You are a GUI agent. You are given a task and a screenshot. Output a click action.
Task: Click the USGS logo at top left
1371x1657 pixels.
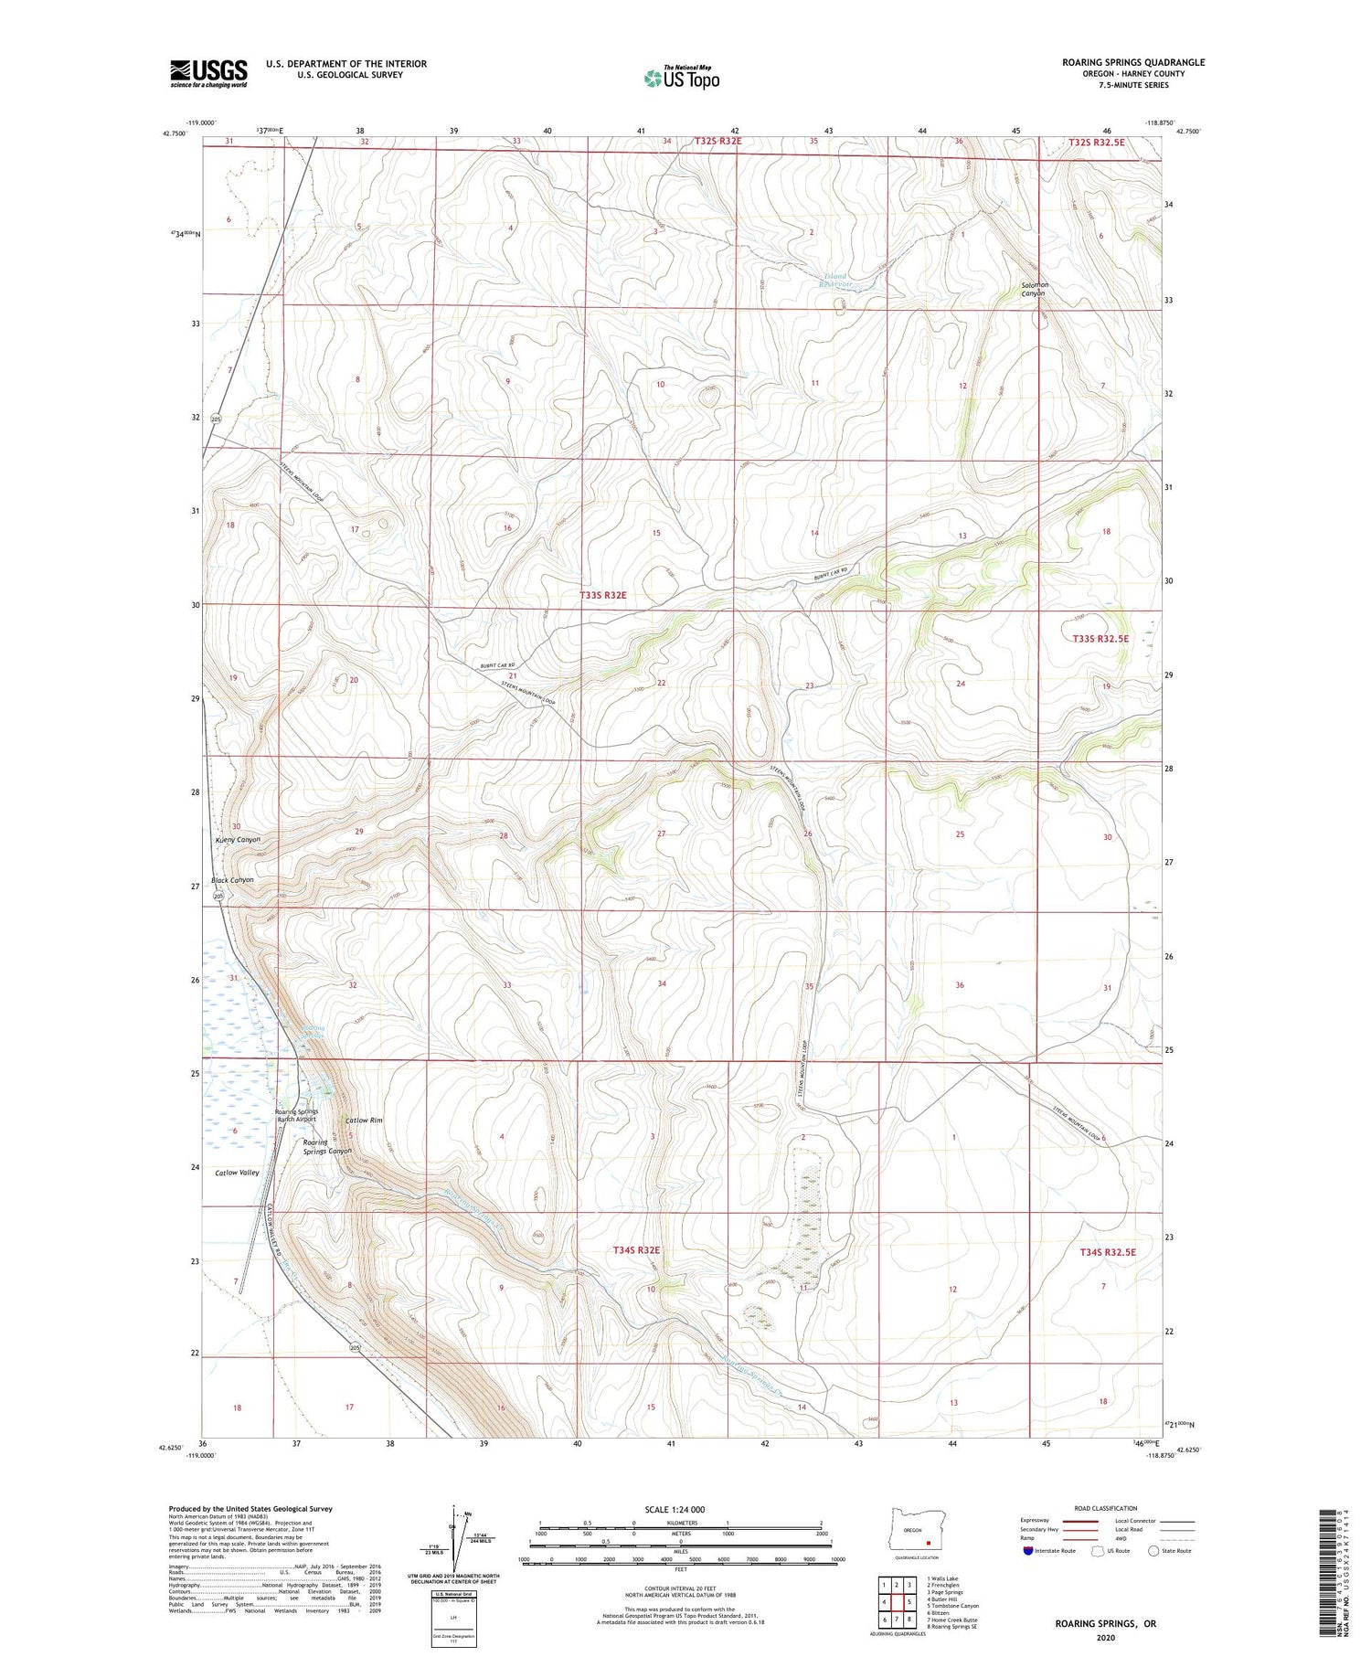(208, 73)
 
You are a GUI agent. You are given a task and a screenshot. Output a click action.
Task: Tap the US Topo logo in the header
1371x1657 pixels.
(682, 79)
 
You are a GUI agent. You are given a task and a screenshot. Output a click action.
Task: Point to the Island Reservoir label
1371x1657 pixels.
(835, 280)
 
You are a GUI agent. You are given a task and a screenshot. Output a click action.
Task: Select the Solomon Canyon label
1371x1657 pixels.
(1035, 289)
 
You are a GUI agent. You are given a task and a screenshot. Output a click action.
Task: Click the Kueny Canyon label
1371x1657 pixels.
(238, 839)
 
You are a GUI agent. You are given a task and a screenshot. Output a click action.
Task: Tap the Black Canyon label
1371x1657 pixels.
(232, 879)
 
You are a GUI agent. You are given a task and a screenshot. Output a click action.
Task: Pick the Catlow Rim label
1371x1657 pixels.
(364, 1120)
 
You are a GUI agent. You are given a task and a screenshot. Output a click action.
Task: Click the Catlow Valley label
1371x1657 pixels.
(237, 1172)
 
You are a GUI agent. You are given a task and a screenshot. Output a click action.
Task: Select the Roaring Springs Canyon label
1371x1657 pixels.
(327, 1146)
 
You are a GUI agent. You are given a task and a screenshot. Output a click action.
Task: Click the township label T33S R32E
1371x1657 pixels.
(603, 595)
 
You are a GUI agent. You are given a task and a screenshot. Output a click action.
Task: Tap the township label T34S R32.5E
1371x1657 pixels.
(1107, 1251)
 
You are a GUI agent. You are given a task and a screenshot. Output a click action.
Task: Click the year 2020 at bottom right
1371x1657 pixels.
(1104, 1637)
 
